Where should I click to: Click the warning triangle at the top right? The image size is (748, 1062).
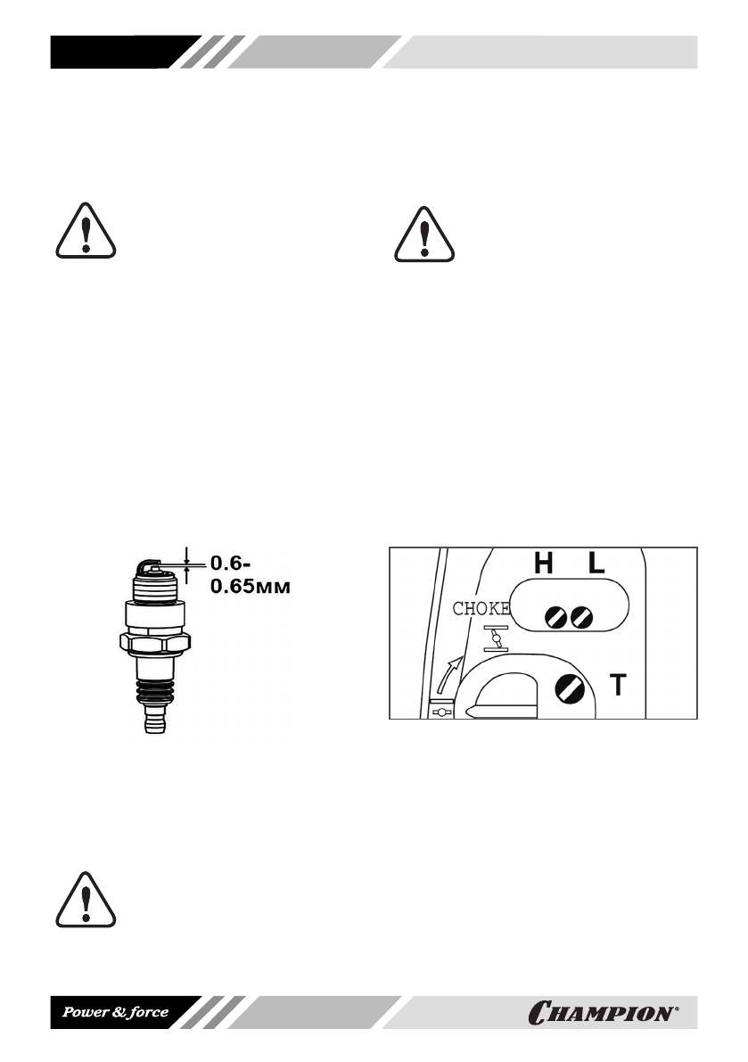pos(425,235)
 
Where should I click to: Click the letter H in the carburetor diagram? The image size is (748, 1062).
pos(543,564)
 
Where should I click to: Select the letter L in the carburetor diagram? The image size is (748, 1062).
pos(596,564)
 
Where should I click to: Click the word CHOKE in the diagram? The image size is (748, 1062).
pos(481,610)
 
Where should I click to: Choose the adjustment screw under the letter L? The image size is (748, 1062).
pos(583,615)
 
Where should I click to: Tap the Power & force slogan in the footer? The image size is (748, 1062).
pos(114,1012)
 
